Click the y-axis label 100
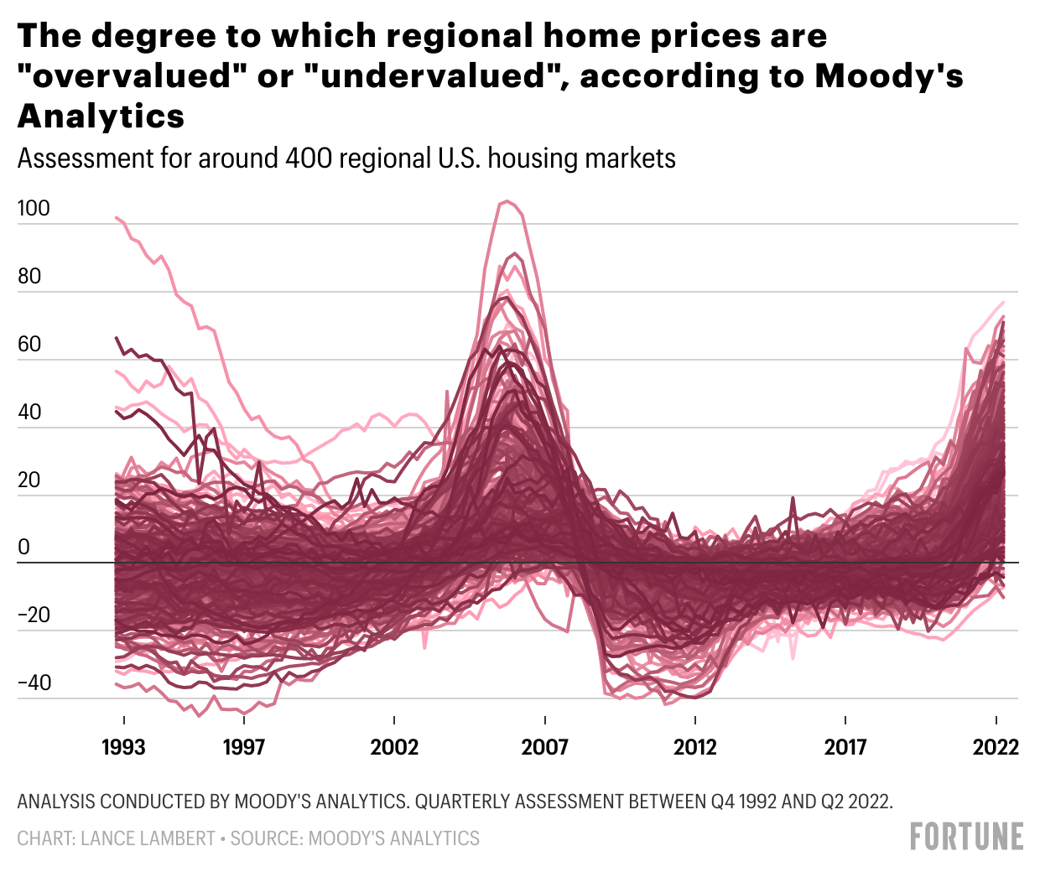pyautogui.click(x=34, y=209)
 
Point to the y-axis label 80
pyautogui.click(x=29, y=277)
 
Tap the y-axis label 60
pyautogui.click(x=29, y=345)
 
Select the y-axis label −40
pyautogui.click(x=34, y=683)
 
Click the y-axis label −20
pyautogui.click(x=34, y=615)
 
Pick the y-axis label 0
pyautogui.click(x=23, y=548)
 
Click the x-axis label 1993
pyautogui.click(x=123, y=747)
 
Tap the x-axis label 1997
pyautogui.click(x=243, y=747)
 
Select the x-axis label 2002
pyautogui.click(x=394, y=747)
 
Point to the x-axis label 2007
pyautogui.click(x=545, y=747)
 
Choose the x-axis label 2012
pyautogui.click(x=695, y=747)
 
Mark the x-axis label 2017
pyautogui.click(x=845, y=747)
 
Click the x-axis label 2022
pyautogui.click(x=996, y=747)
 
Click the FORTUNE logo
pyautogui.click(x=966, y=836)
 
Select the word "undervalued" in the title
pyautogui.click(x=440, y=76)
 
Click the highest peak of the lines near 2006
pyautogui.click(x=506, y=201)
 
